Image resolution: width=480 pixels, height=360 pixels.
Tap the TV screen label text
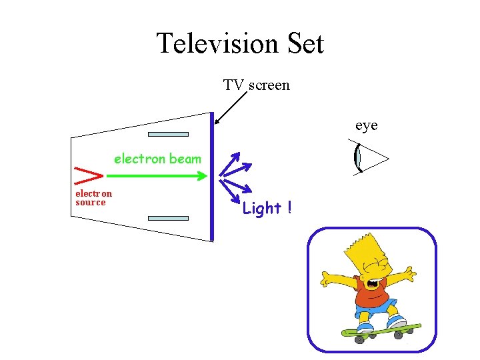click(256, 85)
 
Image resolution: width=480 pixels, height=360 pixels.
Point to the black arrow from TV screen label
click(231, 108)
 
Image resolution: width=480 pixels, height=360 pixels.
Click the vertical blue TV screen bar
click(212, 177)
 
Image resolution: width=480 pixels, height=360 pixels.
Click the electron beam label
click(157, 159)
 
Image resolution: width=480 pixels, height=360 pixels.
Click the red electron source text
click(93, 198)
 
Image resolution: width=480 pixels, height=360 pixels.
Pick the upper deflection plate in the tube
click(168, 135)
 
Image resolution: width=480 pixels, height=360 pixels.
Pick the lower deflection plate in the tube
click(168, 218)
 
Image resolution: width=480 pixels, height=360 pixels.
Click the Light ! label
click(267, 209)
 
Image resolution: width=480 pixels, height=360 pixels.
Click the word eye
click(366, 125)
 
